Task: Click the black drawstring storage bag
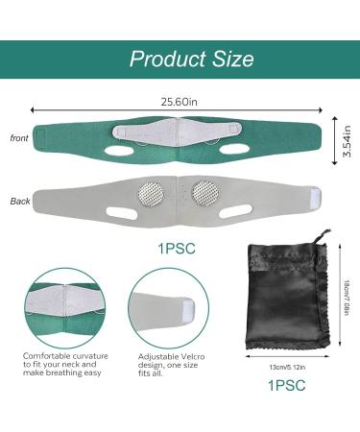coord(283,301)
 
